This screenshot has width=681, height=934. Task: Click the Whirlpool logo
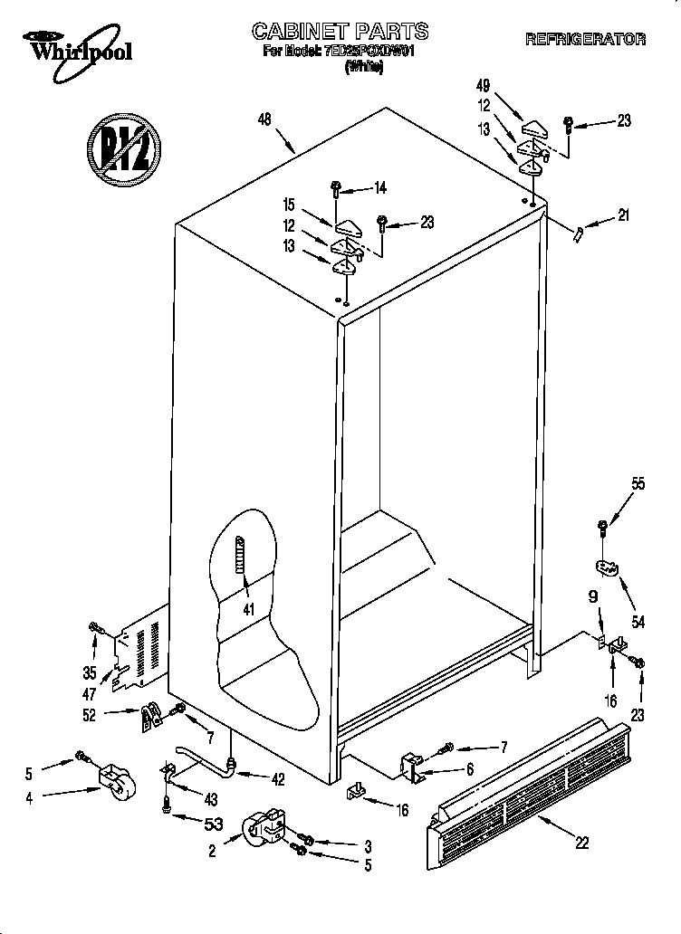77,47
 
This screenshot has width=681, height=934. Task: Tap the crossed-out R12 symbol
123,141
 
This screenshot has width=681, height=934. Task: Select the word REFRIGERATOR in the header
585,39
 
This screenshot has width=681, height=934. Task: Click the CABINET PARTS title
340,33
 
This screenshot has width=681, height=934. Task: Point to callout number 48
265,118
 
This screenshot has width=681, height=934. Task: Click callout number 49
483,86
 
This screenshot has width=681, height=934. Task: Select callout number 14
380,188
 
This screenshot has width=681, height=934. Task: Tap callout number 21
623,215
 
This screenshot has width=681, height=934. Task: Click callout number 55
638,484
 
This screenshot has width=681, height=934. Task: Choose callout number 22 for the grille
581,842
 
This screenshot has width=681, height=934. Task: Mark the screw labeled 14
336,190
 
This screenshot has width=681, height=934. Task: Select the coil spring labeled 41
241,554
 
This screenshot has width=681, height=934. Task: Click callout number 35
90,672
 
